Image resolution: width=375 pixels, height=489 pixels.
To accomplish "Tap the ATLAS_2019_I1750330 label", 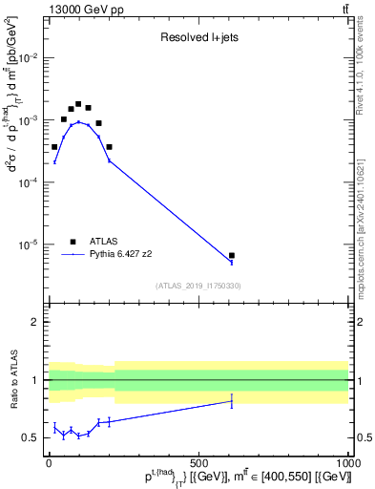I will coord(198,286).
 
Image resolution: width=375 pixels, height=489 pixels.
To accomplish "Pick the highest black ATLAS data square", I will coord(78,104).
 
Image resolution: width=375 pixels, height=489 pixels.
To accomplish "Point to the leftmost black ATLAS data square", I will coord(54,147).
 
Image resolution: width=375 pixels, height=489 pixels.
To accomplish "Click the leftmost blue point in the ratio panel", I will coord(54,427).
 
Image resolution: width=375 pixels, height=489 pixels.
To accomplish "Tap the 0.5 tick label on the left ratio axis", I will coord(30,438).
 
